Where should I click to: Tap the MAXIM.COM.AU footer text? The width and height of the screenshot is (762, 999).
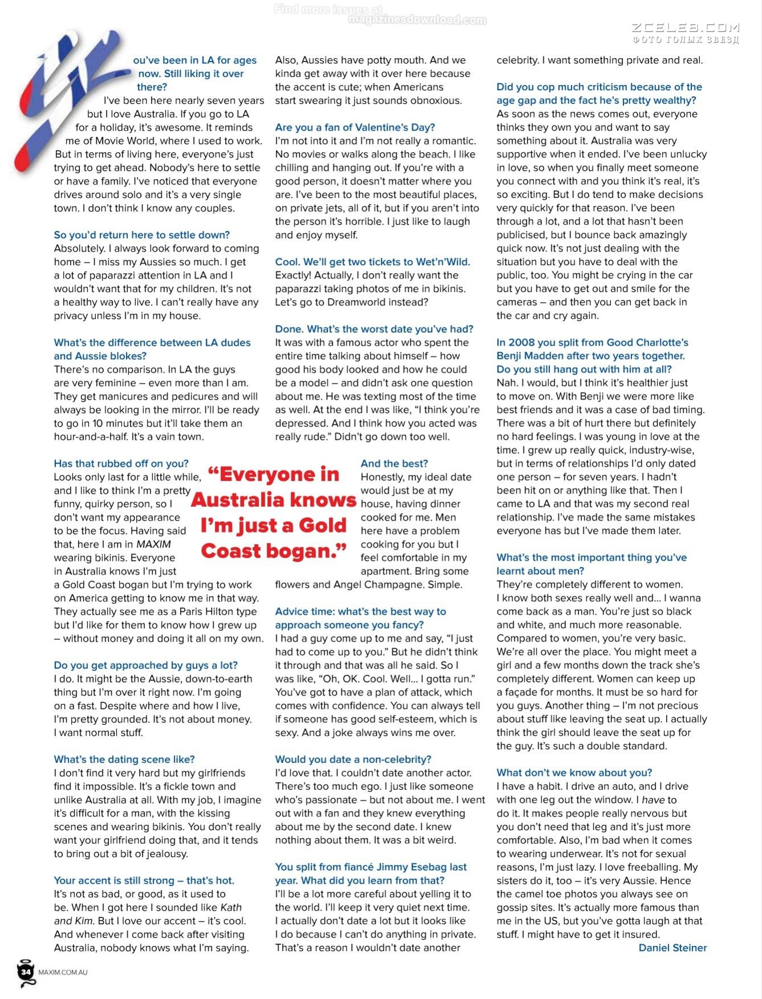(x=63, y=972)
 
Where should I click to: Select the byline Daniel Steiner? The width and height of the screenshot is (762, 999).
(x=673, y=948)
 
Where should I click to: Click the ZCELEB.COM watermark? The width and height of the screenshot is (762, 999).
(x=686, y=27)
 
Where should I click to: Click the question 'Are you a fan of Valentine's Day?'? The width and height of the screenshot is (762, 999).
(x=355, y=127)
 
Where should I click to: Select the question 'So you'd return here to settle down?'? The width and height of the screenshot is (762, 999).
(x=142, y=235)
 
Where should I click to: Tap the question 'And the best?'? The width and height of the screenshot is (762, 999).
(x=394, y=464)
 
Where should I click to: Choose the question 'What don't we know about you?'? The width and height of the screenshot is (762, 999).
(x=574, y=773)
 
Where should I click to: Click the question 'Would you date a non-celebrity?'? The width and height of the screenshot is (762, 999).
(x=353, y=760)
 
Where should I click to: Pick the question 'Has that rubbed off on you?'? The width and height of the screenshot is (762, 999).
(x=121, y=464)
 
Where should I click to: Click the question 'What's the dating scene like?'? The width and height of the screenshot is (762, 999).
(x=124, y=760)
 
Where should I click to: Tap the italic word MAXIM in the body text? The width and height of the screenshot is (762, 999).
(x=153, y=545)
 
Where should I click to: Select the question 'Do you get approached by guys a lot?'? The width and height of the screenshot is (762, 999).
(x=146, y=665)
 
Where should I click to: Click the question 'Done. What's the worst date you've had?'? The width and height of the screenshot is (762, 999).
(x=374, y=329)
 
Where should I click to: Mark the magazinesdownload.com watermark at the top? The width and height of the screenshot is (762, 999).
(x=417, y=20)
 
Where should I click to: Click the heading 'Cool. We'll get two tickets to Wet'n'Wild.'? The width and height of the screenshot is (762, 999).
(x=373, y=262)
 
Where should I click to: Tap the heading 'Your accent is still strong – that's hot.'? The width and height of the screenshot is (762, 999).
(x=144, y=880)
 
